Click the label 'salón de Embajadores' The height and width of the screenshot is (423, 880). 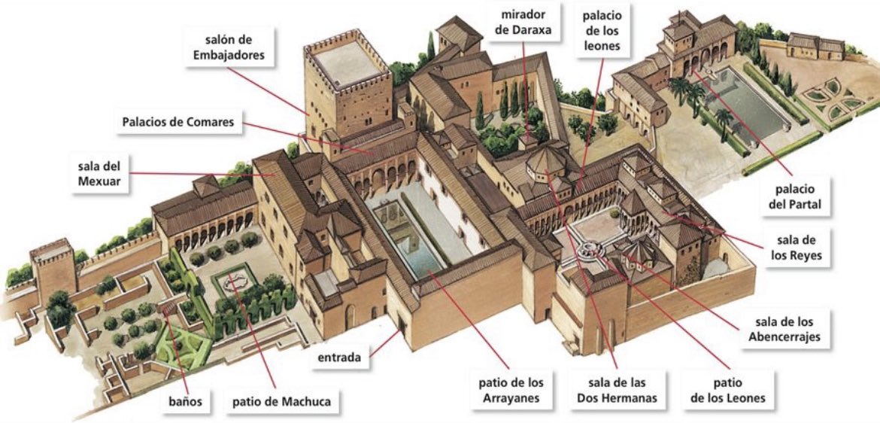pos(233,46)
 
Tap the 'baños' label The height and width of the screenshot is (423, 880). pos(185,400)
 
